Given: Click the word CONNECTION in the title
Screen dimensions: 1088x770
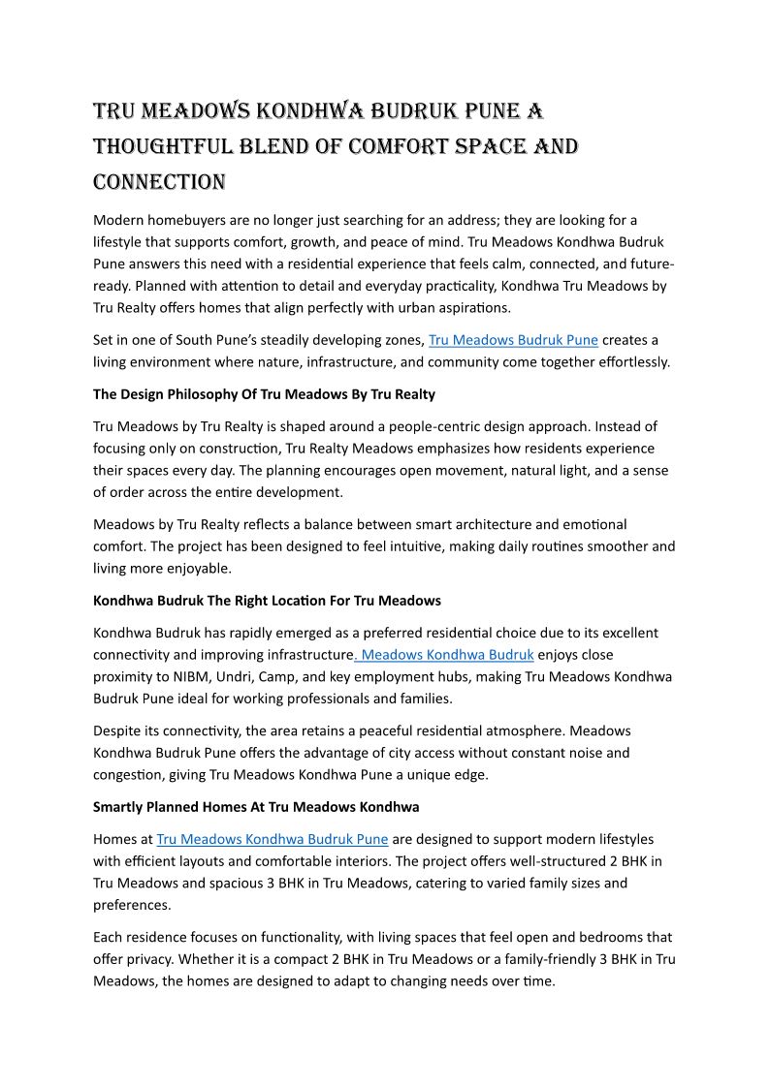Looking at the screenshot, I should point(159,181).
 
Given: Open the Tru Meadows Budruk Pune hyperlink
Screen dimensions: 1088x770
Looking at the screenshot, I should point(513,340).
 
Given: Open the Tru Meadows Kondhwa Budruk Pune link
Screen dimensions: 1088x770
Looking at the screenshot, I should point(272,839).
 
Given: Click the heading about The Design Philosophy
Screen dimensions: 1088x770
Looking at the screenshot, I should point(264,394).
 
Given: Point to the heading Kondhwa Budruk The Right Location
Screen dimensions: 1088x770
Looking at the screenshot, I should point(267,601).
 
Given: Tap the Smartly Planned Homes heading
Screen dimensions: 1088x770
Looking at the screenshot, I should point(256,806).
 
